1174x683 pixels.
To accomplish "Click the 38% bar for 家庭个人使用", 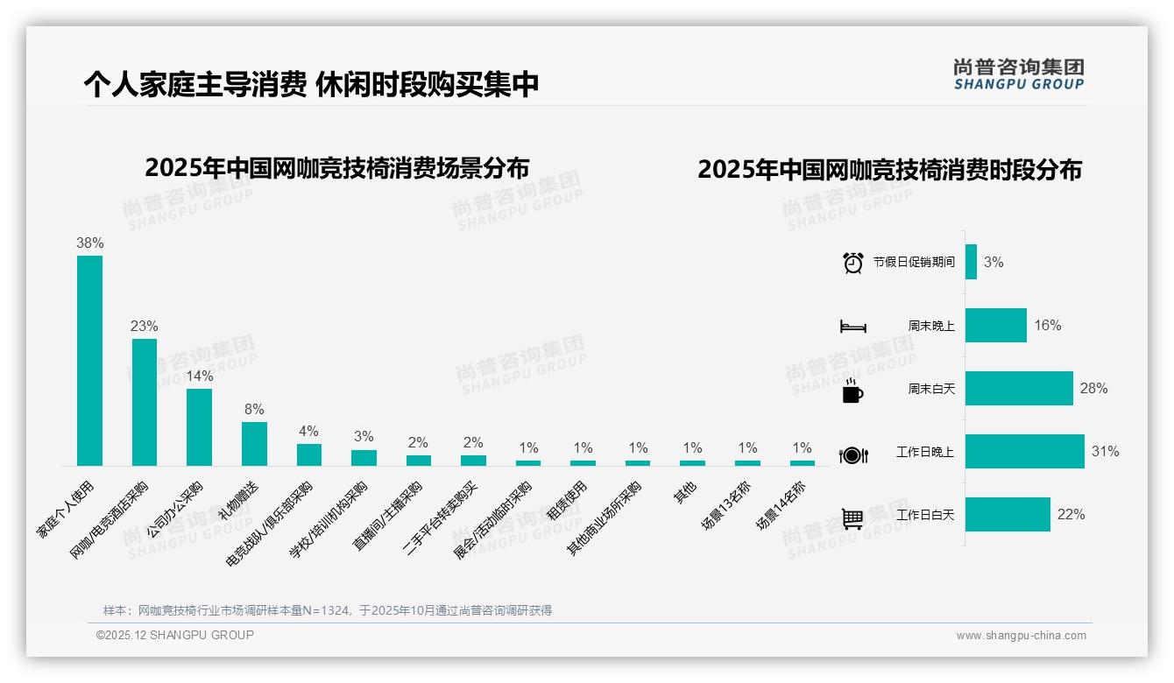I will click(x=89, y=360).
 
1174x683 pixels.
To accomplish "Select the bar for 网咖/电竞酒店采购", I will click(x=145, y=402).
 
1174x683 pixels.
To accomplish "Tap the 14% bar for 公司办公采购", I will click(x=199, y=426).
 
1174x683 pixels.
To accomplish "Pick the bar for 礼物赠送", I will click(x=254, y=443).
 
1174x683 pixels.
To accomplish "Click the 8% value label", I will click(x=254, y=409).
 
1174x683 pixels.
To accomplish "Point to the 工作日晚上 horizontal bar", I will click(x=1024, y=452).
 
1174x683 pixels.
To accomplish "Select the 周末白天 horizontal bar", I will click(x=1019, y=388).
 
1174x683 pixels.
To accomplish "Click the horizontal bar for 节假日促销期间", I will click(x=971, y=262).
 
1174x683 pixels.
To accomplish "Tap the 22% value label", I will click(x=1071, y=515).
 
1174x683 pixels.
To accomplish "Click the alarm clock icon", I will click(x=852, y=263).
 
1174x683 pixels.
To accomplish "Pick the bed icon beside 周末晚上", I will click(x=852, y=327).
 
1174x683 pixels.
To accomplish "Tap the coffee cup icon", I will click(x=852, y=391).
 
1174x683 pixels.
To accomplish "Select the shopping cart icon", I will click(x=852, y=518).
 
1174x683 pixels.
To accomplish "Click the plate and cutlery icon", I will click(x=852, y=454).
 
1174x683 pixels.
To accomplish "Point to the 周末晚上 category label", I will click(x=931, y=326).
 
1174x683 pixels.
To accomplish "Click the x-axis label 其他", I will click(x=685, y=493).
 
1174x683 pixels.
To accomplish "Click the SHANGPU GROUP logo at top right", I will click(x=1019, y=74).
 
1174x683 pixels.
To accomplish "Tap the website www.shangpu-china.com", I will click(x=1021, y=636).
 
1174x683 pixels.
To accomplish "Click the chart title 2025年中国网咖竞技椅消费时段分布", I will click(x=889, y=169).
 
